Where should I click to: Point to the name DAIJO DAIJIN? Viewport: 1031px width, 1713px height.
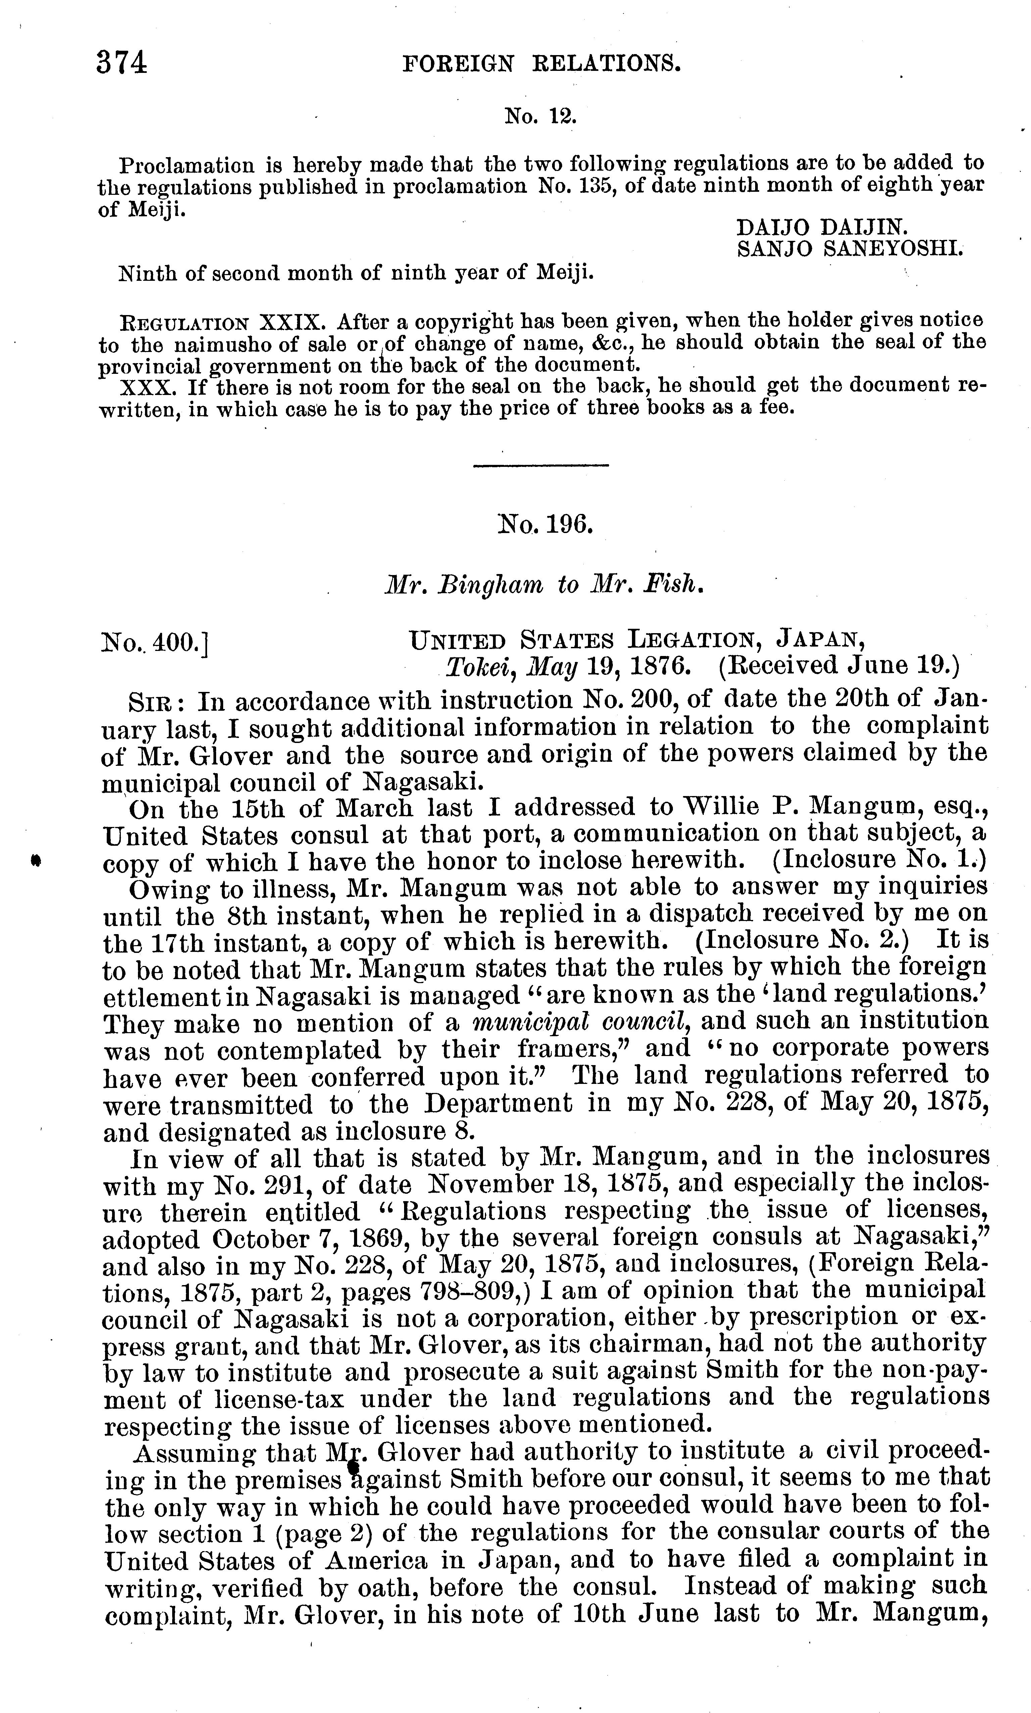click(821, 227)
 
